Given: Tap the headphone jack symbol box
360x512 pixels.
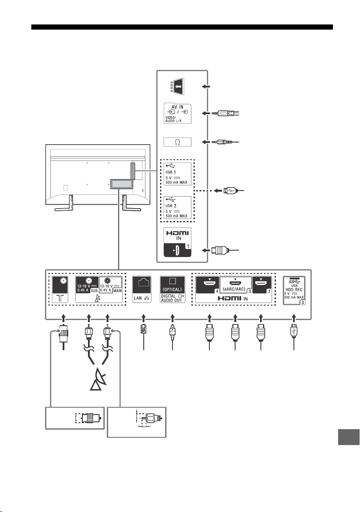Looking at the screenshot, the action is point(177,142).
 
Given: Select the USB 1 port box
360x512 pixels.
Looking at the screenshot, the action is point(177,174).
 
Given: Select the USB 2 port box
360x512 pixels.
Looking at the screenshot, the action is point(177,208).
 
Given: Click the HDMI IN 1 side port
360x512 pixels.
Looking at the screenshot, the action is point(177,242).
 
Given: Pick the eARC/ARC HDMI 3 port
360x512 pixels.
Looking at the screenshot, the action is point(235,285).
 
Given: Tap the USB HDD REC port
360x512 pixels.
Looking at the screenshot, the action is point(294,290).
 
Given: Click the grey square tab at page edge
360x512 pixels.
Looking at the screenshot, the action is point(348,437).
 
